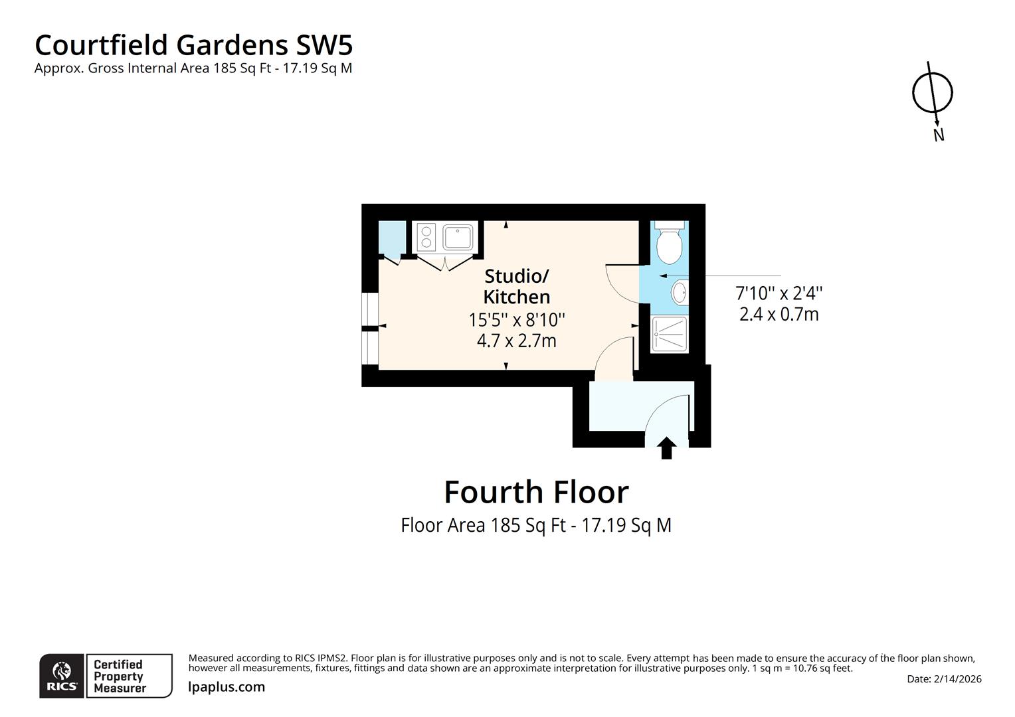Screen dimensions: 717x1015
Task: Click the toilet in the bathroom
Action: tap(668, 244)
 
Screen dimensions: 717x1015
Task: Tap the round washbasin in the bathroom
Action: tap(679, 293)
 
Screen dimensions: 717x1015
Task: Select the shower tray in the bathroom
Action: tap(670, 334)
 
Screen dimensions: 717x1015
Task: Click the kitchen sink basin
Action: tap(458, 237)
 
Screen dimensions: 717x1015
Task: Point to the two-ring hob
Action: tap(426, 238)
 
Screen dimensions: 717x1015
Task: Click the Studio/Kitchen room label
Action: tap(517, 286)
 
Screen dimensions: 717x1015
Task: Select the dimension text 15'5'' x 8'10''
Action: tap(517, 320)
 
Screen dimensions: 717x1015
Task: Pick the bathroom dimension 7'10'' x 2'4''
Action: tap(779, 293)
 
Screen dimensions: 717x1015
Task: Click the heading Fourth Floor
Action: tap(536, 492)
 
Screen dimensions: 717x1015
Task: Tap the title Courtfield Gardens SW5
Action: tap(193, 45)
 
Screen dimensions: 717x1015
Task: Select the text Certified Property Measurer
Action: tap(119, 676)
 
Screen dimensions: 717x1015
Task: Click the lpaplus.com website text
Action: tap(227, 687)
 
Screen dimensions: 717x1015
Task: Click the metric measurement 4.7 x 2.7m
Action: tap(517, 341)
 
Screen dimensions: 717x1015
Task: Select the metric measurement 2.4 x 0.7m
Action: tap(779, 314)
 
